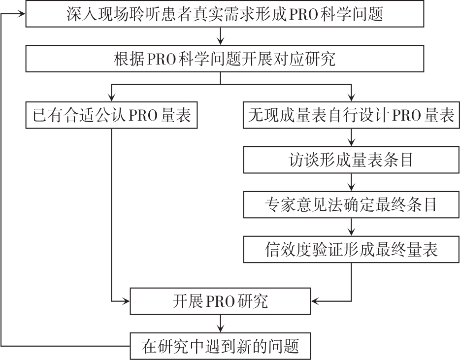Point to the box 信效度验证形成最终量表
[351, 250]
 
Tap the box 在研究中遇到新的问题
[220, 346]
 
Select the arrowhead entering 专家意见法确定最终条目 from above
[351, 187]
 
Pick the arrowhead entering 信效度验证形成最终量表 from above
[351, 232]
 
